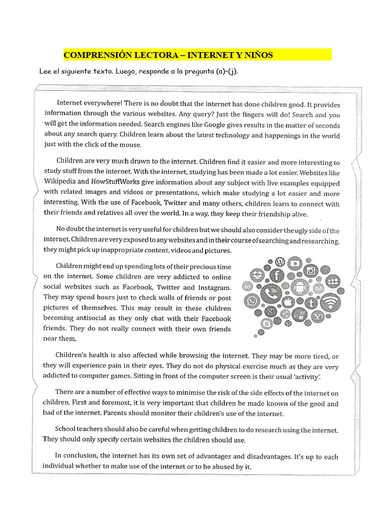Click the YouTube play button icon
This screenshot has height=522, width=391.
(294, 263)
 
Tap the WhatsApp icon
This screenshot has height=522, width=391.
(252, 302)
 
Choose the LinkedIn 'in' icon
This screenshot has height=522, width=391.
(249, 287)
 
